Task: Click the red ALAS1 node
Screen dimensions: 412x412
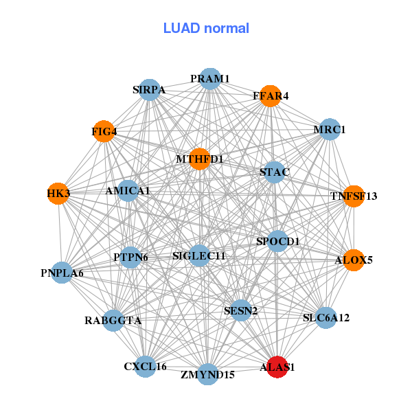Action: tap(277, 367)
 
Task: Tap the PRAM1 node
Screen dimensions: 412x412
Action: tap(210, 79)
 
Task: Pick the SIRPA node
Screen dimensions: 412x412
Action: tap(150, 89)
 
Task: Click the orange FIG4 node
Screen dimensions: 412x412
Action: tap(104, 131)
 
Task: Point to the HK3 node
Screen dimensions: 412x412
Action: tap(58, 194)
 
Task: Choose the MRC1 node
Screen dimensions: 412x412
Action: tap(330, 129)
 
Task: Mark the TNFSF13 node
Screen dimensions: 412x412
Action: tap(353, 196)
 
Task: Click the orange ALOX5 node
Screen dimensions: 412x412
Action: tap(353, 260)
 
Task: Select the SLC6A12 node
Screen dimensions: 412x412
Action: tap(326, 317)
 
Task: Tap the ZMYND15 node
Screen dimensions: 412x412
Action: tap(208, 374)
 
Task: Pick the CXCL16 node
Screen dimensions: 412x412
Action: tap(146, 366)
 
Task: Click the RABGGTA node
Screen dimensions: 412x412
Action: tap(114, 320)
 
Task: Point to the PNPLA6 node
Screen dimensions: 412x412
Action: tap(62, 273)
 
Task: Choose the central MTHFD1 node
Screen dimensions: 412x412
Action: tap(200, 159)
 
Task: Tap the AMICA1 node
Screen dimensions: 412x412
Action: tap(128, 190)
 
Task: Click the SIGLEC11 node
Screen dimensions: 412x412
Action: tap(199, 256)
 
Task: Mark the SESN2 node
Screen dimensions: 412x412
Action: tap(240, 311)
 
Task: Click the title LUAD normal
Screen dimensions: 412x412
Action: tap(206, 28)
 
